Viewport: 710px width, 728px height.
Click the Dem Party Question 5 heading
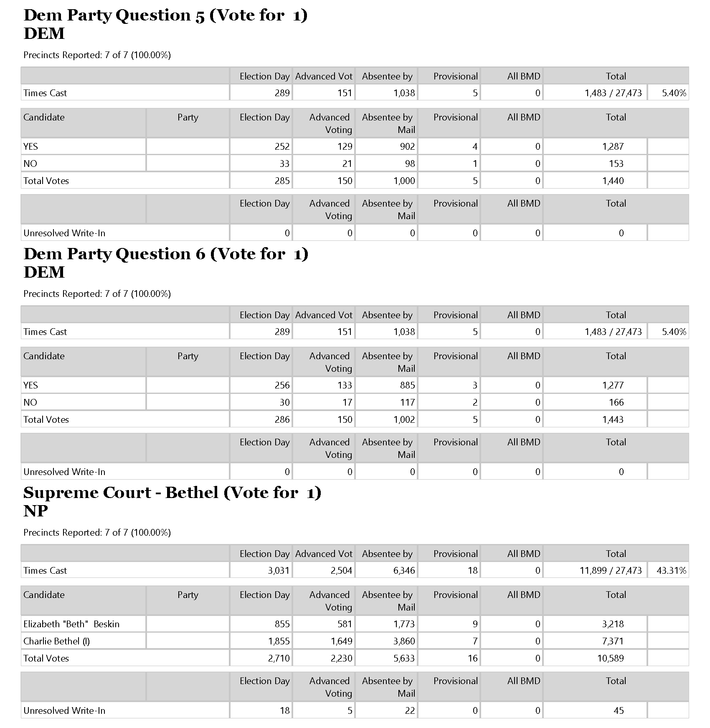click(165, 15)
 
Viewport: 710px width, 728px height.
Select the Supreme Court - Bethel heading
click(172, 493)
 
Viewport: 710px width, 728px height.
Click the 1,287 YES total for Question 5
click(613, 147)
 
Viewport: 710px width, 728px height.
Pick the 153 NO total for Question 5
click(616, 164)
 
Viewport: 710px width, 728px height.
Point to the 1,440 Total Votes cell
click(613, 181)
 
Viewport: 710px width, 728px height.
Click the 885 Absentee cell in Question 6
click(407, 386)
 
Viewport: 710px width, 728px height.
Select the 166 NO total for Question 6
click(616, 403)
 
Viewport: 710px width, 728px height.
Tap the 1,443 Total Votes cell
click(613, 420)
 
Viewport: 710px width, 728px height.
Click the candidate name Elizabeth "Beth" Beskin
click(71, 624)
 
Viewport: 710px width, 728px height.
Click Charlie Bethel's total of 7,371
click(613, 641)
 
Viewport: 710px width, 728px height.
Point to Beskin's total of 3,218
click(613, 624)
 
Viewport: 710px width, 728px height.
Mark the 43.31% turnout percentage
click(671, 571)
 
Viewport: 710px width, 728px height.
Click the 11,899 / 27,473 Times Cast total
click(610, 571)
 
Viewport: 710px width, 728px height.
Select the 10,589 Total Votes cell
click(610, 659)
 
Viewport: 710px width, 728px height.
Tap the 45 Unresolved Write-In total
click(619, 711)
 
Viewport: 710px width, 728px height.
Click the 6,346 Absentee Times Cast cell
click(404, 571)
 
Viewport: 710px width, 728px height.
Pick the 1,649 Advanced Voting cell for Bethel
click(341, 641)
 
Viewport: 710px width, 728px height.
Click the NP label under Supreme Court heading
click(35, 511)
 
